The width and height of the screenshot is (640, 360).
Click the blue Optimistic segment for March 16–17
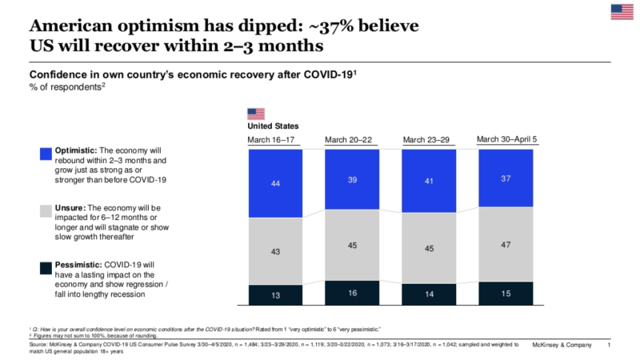(275, 183)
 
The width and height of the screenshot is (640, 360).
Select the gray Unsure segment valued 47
(506, 244)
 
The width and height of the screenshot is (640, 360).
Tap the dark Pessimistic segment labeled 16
(353, 293)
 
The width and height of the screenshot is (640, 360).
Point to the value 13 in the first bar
(275, 295)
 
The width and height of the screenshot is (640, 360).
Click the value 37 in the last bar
(506, 178)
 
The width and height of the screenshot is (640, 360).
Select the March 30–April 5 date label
(506, 139)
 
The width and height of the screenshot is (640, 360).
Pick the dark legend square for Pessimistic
(46, 266)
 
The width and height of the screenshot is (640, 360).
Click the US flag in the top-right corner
(622, 11)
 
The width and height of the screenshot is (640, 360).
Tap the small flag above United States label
(256, 114)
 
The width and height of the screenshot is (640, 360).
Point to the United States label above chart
(273, 126)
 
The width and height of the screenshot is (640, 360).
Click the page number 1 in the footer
(610, 345)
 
